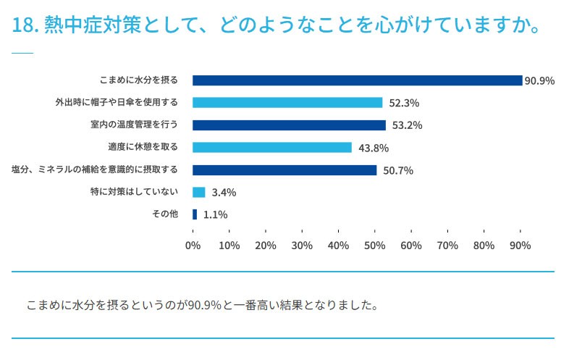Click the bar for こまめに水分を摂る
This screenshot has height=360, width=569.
coord(357,80)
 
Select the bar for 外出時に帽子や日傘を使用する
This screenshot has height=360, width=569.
coord(287,103)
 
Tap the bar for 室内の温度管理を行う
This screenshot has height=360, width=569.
coord(289,125)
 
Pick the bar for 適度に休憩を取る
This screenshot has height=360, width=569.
coord(272,148)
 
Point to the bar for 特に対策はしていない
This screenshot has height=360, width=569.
coord(199,193)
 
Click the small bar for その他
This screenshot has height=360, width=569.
coord(195,214)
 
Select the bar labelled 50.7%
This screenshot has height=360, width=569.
coord(284,170)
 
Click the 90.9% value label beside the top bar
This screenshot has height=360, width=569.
coord(540,80)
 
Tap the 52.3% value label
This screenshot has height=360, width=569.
coord(404,103)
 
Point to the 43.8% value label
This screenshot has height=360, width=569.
coord(374,148)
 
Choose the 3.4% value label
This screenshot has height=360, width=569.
coord(224,193)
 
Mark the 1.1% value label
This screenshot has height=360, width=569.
coord(216,214)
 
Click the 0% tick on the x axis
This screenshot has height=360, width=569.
coord(193,246)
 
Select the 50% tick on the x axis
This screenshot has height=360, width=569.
coord(374,246)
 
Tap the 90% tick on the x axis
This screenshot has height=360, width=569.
coord(520,246)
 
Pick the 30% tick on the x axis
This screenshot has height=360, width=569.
coord(302,246)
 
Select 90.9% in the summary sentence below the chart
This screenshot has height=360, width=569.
coord(204,305)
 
